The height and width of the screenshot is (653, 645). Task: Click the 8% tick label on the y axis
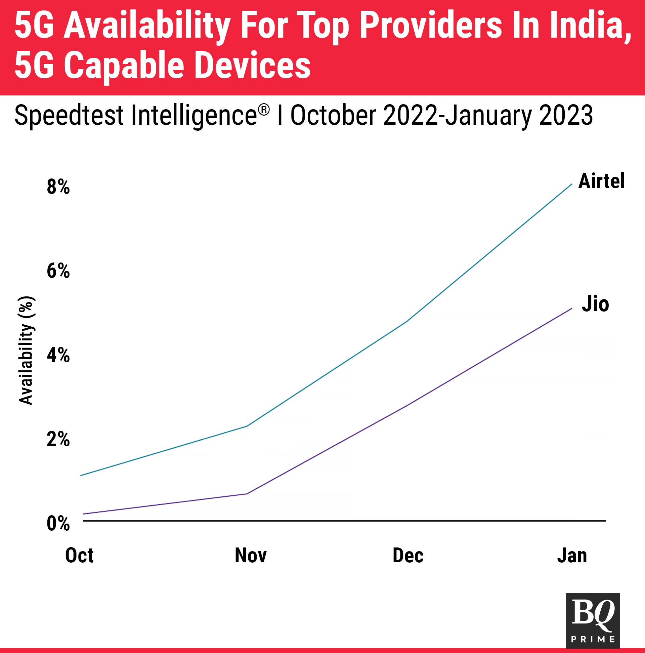(x=58, y=187)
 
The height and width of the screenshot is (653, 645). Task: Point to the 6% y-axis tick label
(x=58, y=271)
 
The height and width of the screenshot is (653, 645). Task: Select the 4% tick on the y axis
(x=58, y=355)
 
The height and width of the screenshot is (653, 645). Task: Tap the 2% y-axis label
(x=58, y=439)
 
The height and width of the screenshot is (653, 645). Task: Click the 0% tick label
(x=58, y=524)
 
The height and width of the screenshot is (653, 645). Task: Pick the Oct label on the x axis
(x=79, y=556)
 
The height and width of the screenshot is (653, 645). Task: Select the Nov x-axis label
(x=251, y=556)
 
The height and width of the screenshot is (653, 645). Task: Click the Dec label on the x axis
(x=408, y=556)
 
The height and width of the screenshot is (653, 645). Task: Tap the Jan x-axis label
(x=572, y=556)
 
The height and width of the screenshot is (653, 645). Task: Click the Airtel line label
(x=601, y=181)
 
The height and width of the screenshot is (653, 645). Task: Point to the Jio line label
(x=595, y=304)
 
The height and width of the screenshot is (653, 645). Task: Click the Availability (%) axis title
(x=26, y=351)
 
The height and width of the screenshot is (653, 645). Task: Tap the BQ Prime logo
(x=593, y=620)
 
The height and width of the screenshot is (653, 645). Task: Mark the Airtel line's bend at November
(x=247, y=426)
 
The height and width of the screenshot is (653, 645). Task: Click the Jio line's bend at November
(x=247, y=494)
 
